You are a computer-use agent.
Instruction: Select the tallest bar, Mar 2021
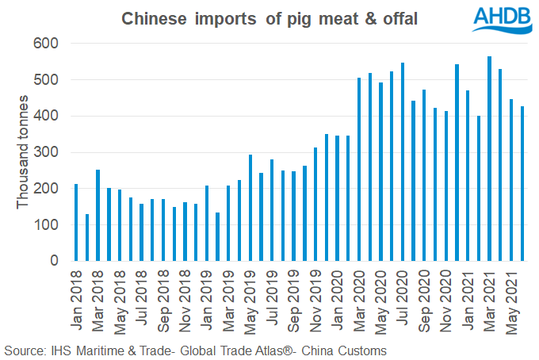(490, 159)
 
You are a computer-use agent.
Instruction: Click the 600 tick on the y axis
(48, 44)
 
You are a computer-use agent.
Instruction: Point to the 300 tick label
(48, 152)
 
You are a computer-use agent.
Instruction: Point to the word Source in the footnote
(23, 350)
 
